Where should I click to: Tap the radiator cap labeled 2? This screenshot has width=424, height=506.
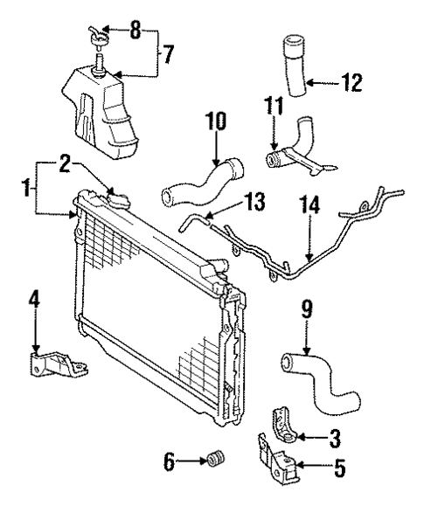coord(115,198)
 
